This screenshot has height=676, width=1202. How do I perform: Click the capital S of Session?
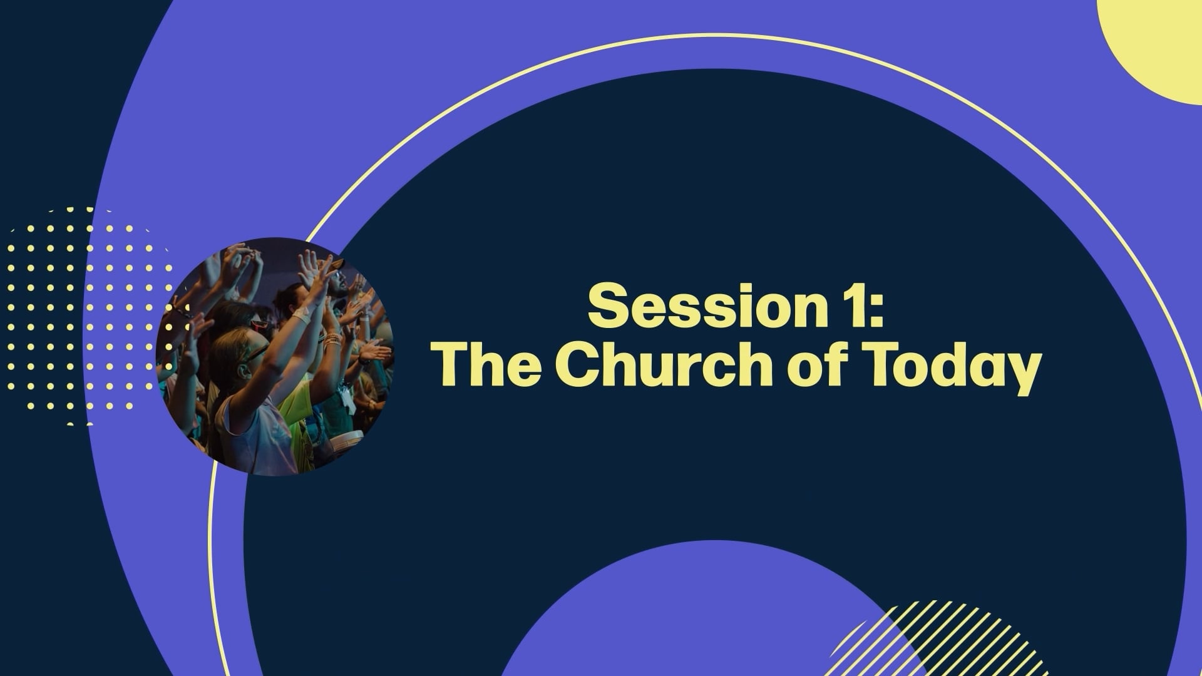608,305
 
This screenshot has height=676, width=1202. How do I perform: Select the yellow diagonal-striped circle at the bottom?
945,642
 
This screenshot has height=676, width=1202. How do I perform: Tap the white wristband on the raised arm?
302,316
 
